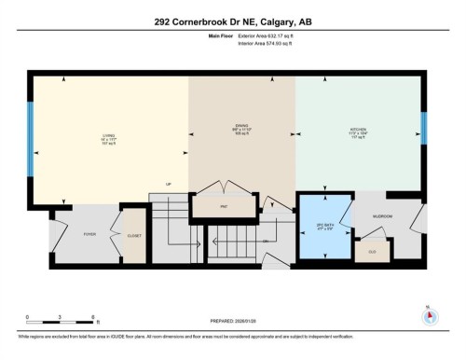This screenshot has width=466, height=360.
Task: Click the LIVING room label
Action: click(107, 134)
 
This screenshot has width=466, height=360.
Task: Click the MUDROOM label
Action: click(382, 215)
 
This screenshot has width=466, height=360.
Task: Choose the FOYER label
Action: click(89, 235)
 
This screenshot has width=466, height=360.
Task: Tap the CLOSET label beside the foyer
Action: click(134, 236)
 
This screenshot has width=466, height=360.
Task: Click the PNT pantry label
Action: click(225, 204)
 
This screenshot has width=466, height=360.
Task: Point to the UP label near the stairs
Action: click(169, 183)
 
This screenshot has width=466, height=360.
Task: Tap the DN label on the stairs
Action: click(266, 242)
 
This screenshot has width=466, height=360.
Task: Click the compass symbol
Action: click(429, 315)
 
